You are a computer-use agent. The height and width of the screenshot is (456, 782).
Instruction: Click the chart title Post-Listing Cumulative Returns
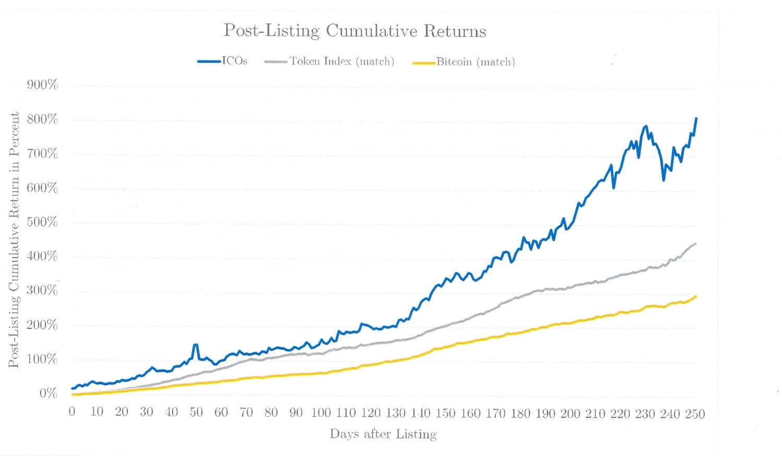(x=355, y=31)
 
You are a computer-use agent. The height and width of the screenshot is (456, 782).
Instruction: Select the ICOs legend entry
(x=223, y=61)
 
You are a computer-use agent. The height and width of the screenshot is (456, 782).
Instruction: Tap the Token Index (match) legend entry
(x=329, y=61)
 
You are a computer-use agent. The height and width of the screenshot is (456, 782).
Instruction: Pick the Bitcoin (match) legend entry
(x=463, y=62)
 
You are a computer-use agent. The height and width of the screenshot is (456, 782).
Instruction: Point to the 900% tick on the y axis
(x=42, y=85)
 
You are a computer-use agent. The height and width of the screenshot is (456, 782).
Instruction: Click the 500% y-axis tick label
(x=42, y=222)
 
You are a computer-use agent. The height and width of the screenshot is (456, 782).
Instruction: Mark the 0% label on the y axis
(x=48, y=393)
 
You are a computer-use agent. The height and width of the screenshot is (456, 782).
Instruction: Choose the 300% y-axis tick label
(x=42, y=290)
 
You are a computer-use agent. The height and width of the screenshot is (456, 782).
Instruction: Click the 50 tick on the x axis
(x=196, y=412)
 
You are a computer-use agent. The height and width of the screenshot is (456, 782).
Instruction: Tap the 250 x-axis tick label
(x=695, y=414)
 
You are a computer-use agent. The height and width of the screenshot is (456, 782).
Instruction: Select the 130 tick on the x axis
(x=396, y=413)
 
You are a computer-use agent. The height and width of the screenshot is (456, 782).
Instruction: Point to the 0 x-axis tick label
(x=72, y=412)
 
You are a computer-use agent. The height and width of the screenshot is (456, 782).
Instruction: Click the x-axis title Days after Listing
(x=383, y=434)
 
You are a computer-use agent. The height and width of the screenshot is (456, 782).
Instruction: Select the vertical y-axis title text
(x=14, y=240)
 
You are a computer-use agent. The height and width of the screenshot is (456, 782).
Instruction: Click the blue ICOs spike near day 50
(x=195, y=344)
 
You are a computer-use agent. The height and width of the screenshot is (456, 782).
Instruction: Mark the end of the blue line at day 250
(x=696, y=118)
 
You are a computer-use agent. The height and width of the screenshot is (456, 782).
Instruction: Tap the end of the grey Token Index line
(x=696, y=243)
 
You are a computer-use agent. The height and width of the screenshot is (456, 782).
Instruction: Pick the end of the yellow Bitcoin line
(x=696, y=296)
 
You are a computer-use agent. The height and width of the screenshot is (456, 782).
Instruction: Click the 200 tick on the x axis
(x=570, y=413)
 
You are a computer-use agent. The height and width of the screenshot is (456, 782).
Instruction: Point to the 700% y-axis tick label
(x=42, y=154)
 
